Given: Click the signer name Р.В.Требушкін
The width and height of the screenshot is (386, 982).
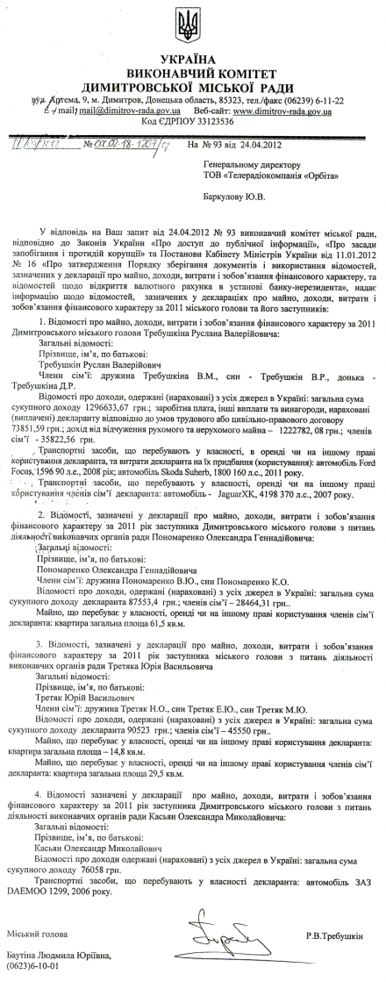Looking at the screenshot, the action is [336, 929].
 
